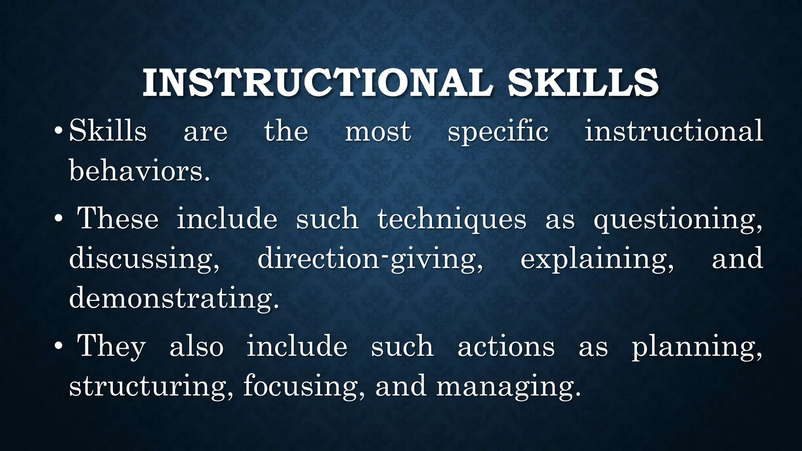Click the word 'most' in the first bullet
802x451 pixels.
point(378,131)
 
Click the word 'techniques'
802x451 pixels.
point(452,219)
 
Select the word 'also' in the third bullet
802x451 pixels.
point(196,346)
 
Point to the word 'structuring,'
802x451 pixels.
point(151,387)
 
